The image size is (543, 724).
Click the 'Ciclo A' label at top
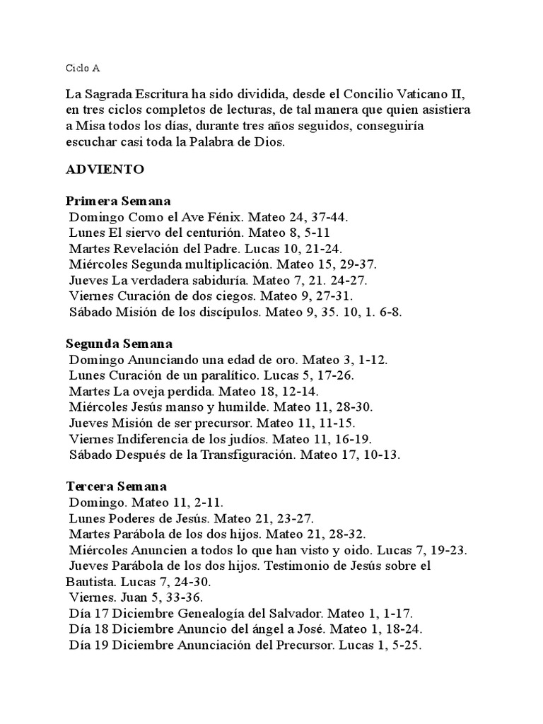[83, 69]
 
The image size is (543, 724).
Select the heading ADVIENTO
[105, 170]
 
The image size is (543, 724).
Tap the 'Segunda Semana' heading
[119, 344]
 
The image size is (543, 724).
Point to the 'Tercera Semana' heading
[117, 487]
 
